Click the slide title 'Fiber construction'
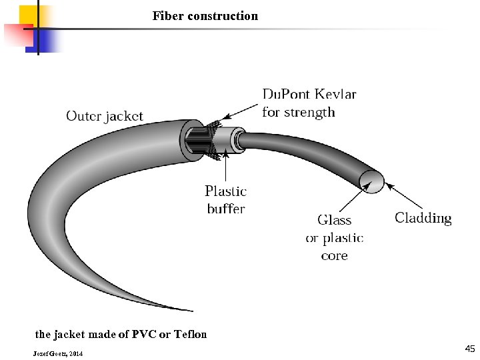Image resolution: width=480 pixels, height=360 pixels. (x=205, y=15)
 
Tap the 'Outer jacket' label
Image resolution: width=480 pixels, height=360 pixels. (x=104, y=116)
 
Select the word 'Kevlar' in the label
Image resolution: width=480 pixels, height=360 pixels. (x=333, y=94)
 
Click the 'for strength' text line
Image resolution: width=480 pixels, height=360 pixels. (x=298, y=112)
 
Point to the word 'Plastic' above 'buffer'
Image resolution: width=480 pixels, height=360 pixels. (x=225, y=191)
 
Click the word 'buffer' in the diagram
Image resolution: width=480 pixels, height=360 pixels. (x=225, y=209)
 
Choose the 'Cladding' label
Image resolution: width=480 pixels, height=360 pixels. (x=423, y=218)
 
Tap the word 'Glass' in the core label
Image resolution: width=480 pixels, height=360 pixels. (x=334, y=220)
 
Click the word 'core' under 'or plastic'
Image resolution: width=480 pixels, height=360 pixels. (x=334, y=255)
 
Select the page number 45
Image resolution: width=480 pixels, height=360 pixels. (x=470, y=349)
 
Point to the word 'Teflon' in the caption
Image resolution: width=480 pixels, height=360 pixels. (x=189, y=334)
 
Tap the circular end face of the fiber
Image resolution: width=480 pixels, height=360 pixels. (x=372, y=180)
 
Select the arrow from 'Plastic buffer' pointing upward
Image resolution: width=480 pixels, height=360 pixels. (x=227, y=167)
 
